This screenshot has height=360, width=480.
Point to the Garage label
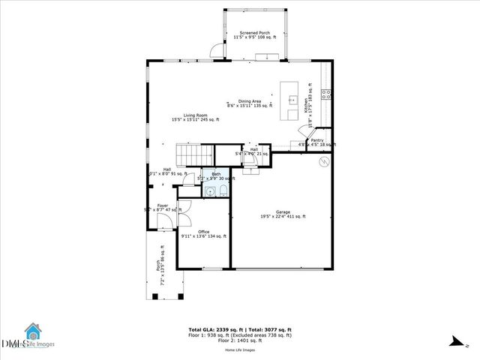(283, 214)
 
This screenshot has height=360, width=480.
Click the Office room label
(204, 233)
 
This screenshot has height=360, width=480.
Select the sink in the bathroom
(212, 192)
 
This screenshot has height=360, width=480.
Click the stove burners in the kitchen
(327, 94)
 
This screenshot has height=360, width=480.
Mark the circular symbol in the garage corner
(324, 162)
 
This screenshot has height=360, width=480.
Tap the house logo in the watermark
(32, 332)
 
